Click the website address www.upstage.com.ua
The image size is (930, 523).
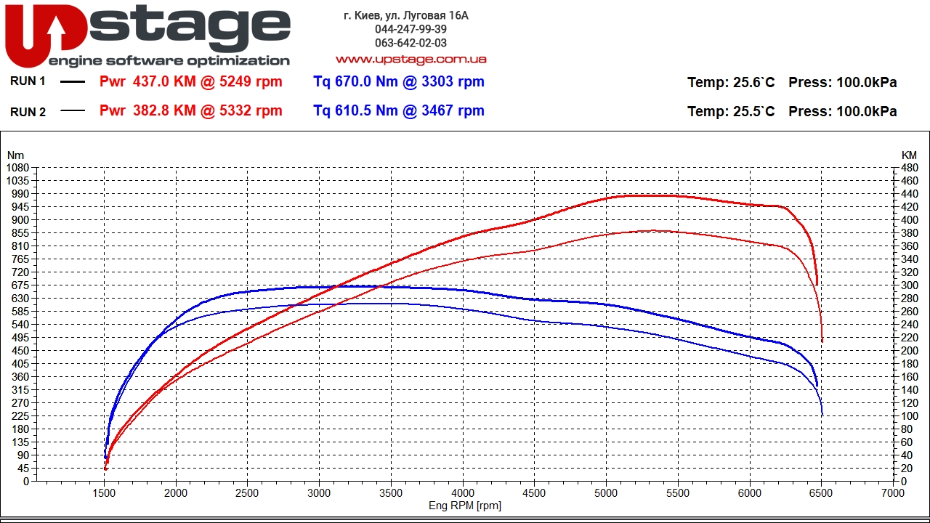(x=411, y=59)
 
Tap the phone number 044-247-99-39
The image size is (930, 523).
(x=411, y=29)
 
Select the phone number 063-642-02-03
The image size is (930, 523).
(x=411, y=43)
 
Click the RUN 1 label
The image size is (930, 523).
(x=28, y=81)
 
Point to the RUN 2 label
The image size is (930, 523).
(x=28, y=112)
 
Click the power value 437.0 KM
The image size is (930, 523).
(x=164, y=82)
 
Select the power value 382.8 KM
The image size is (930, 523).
(x=164, y=111)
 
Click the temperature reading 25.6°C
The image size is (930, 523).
(x=753, y=83)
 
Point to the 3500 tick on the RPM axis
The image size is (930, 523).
(x=391, y=492)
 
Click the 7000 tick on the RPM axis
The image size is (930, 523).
(x=892, y=492)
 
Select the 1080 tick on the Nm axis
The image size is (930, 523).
(x=17, y=167)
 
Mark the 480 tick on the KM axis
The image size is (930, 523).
(x=909, y=167)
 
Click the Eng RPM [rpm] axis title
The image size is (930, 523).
(x=464, y=506)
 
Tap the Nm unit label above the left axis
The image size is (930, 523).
(x=15, y=155)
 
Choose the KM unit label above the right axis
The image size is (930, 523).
(x=909, y=155)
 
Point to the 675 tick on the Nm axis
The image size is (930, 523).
(x=20, y=285)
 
